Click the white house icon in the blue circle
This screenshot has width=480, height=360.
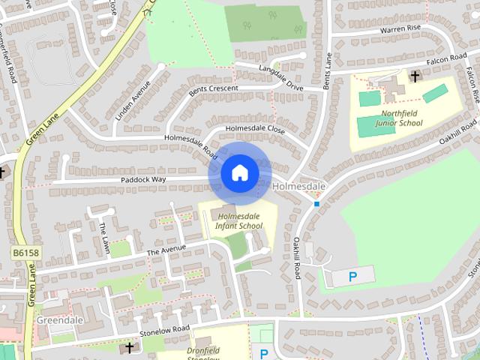[239, 173]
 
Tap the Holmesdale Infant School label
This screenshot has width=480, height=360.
[238, 220]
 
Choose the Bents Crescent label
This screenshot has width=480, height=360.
[213, 89]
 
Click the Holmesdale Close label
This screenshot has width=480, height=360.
[256, 129]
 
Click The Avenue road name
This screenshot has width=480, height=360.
[166, 250]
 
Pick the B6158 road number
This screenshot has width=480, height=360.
[25, 253]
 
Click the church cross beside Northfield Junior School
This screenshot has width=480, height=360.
[414, 76]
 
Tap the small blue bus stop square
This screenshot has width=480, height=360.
[317, 203]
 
